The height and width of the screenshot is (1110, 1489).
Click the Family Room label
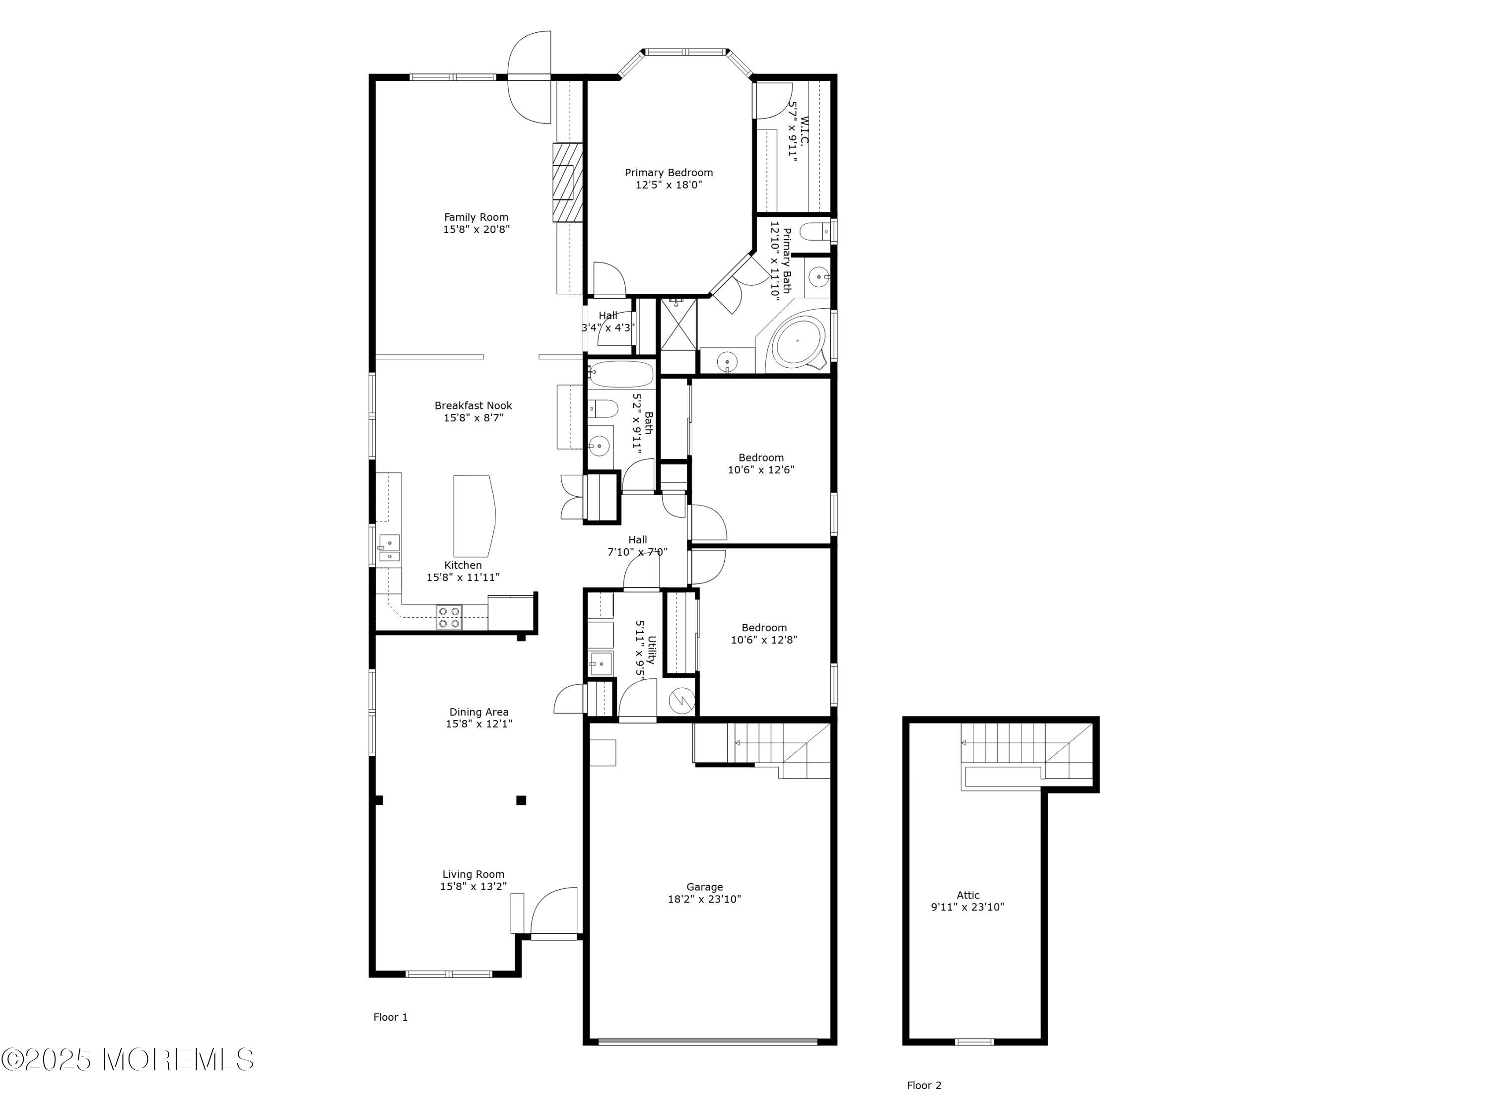[475, 217]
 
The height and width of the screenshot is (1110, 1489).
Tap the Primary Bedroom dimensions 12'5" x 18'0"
[669, 185]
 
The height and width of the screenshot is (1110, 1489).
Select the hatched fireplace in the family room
[567, 182]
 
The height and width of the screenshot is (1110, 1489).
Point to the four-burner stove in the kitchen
[449, 617]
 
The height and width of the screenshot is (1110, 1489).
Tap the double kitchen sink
[389, 548]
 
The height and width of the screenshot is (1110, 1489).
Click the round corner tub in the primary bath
[798, 342]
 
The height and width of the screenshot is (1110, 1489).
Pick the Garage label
[704, 887]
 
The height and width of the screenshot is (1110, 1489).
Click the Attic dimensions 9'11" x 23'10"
[967, 907]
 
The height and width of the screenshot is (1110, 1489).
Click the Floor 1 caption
[391, 1017]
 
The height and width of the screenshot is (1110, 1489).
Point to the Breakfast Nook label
[473, 405]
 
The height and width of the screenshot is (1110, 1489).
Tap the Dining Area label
[478, 712]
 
